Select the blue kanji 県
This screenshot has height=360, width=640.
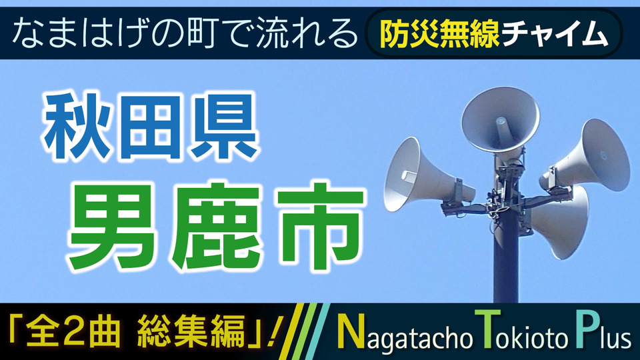point(225,127)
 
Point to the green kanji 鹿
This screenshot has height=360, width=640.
point(215,227)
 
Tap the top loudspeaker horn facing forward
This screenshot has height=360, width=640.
point(501,119)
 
